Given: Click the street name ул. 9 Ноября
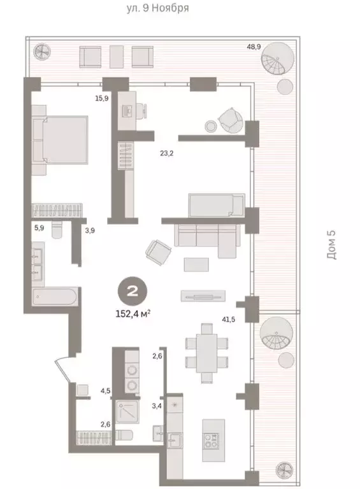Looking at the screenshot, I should tap(157, 9).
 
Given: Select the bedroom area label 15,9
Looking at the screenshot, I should tap(101, 97).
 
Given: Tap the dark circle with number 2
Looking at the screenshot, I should tap(133, 292).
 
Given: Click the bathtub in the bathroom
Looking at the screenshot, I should tap(56, 297).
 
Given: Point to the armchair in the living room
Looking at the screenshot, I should tap(157, 252).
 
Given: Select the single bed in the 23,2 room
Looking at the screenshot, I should tap(215, 206).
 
